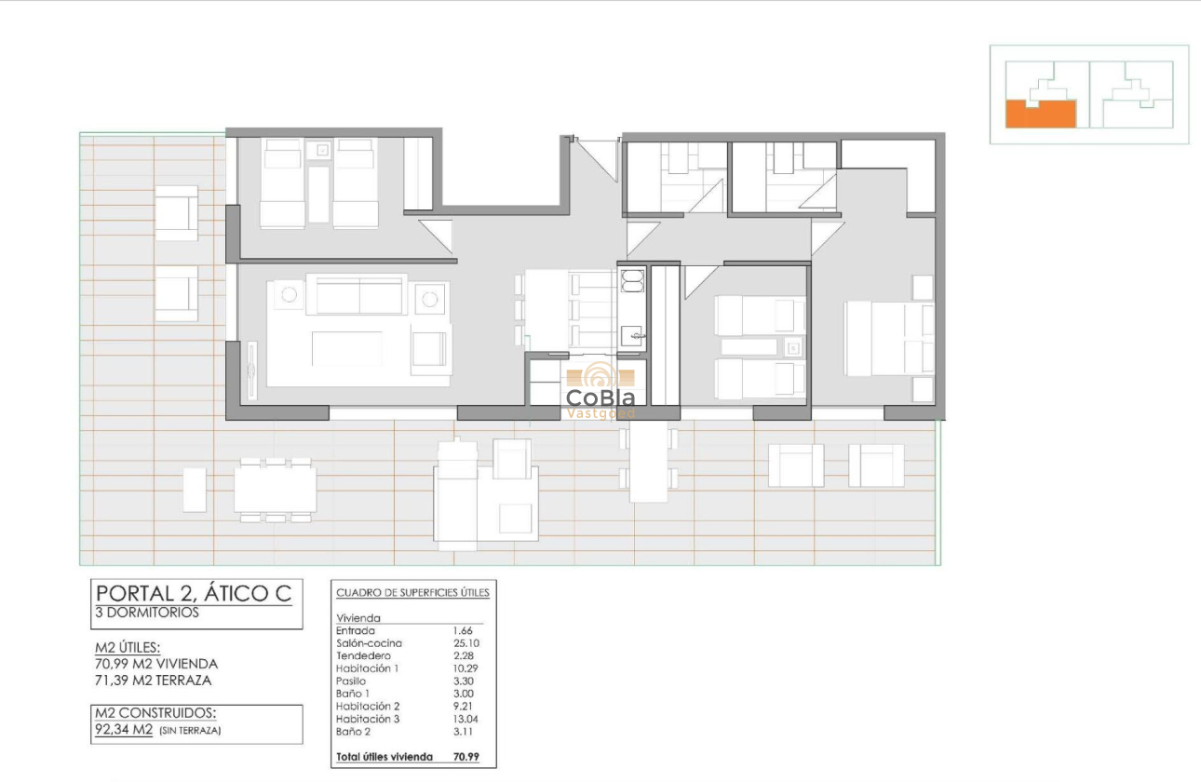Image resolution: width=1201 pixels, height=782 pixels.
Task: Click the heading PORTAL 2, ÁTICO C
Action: click(x=194, y=593)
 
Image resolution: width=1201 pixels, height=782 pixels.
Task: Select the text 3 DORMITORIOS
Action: click(x=147, y=613)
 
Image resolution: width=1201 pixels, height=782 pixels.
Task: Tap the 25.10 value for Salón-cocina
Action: click(x=465, y=643)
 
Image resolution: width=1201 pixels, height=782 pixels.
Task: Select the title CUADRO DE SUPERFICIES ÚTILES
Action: click(x=412, y=592)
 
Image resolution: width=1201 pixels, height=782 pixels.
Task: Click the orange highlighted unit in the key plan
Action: click(x=1040, y=114)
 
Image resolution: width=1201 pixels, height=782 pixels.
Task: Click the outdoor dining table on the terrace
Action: click(x=275, y=489)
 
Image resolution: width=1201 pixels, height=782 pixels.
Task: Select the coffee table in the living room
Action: click(x=347, y=349)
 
